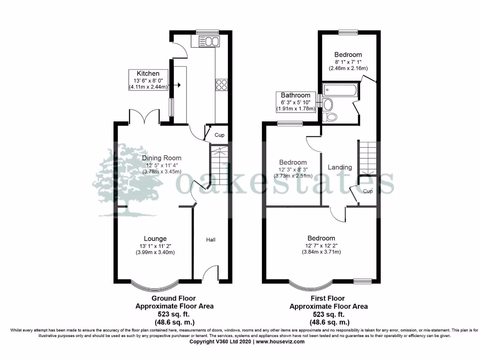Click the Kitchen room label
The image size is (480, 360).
point(148,74)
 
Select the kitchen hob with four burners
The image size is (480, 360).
point(221,84)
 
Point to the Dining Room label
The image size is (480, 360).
point(162,158)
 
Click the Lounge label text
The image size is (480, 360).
point(155,239)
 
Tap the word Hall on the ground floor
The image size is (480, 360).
point(211,240)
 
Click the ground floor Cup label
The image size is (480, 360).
point(219,135)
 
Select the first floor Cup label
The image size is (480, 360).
point(368,191)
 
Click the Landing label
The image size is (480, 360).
point(340,167)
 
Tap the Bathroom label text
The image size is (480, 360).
point(296,95)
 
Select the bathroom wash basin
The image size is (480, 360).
point(328,104)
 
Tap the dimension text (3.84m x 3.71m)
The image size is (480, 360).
point(321,252)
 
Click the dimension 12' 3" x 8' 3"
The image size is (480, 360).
point(293,170)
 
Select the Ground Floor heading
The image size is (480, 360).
point(173,298)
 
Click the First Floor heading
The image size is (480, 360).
point(328,298)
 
